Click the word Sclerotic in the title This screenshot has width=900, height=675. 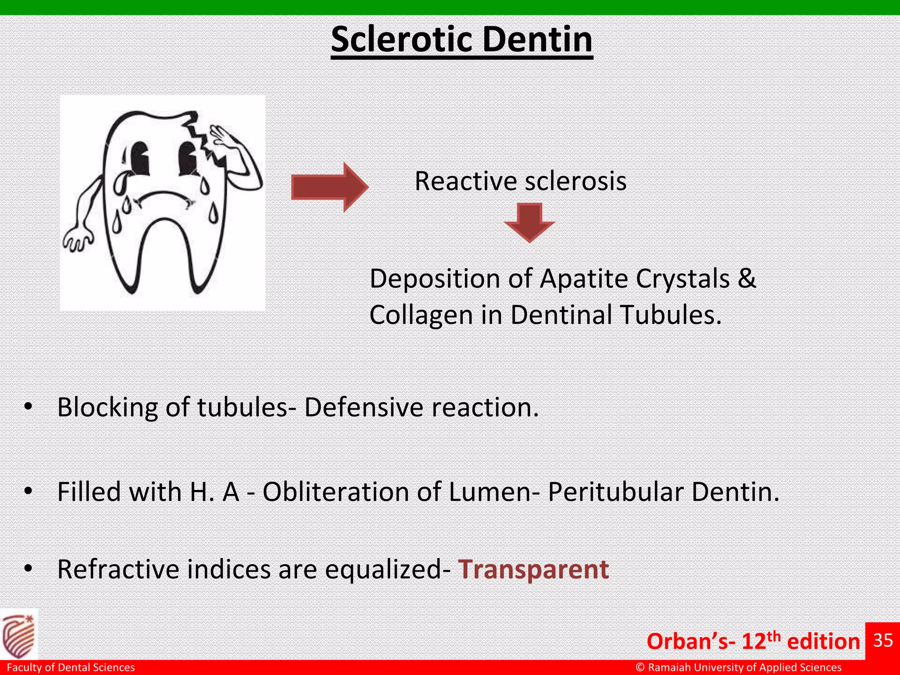[402, 40]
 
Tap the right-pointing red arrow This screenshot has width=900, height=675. [330, 187]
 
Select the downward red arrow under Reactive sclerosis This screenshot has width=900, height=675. [529, 222]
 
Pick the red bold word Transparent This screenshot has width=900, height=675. [533, 570]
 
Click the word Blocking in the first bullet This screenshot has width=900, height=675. [107, 407]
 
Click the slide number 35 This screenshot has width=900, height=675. [882, 641]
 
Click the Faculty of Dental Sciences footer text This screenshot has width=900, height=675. [71, 668]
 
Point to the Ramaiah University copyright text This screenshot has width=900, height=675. [738, 668]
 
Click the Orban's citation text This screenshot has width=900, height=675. [753, 642]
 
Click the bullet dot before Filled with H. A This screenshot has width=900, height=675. [29, 492]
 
